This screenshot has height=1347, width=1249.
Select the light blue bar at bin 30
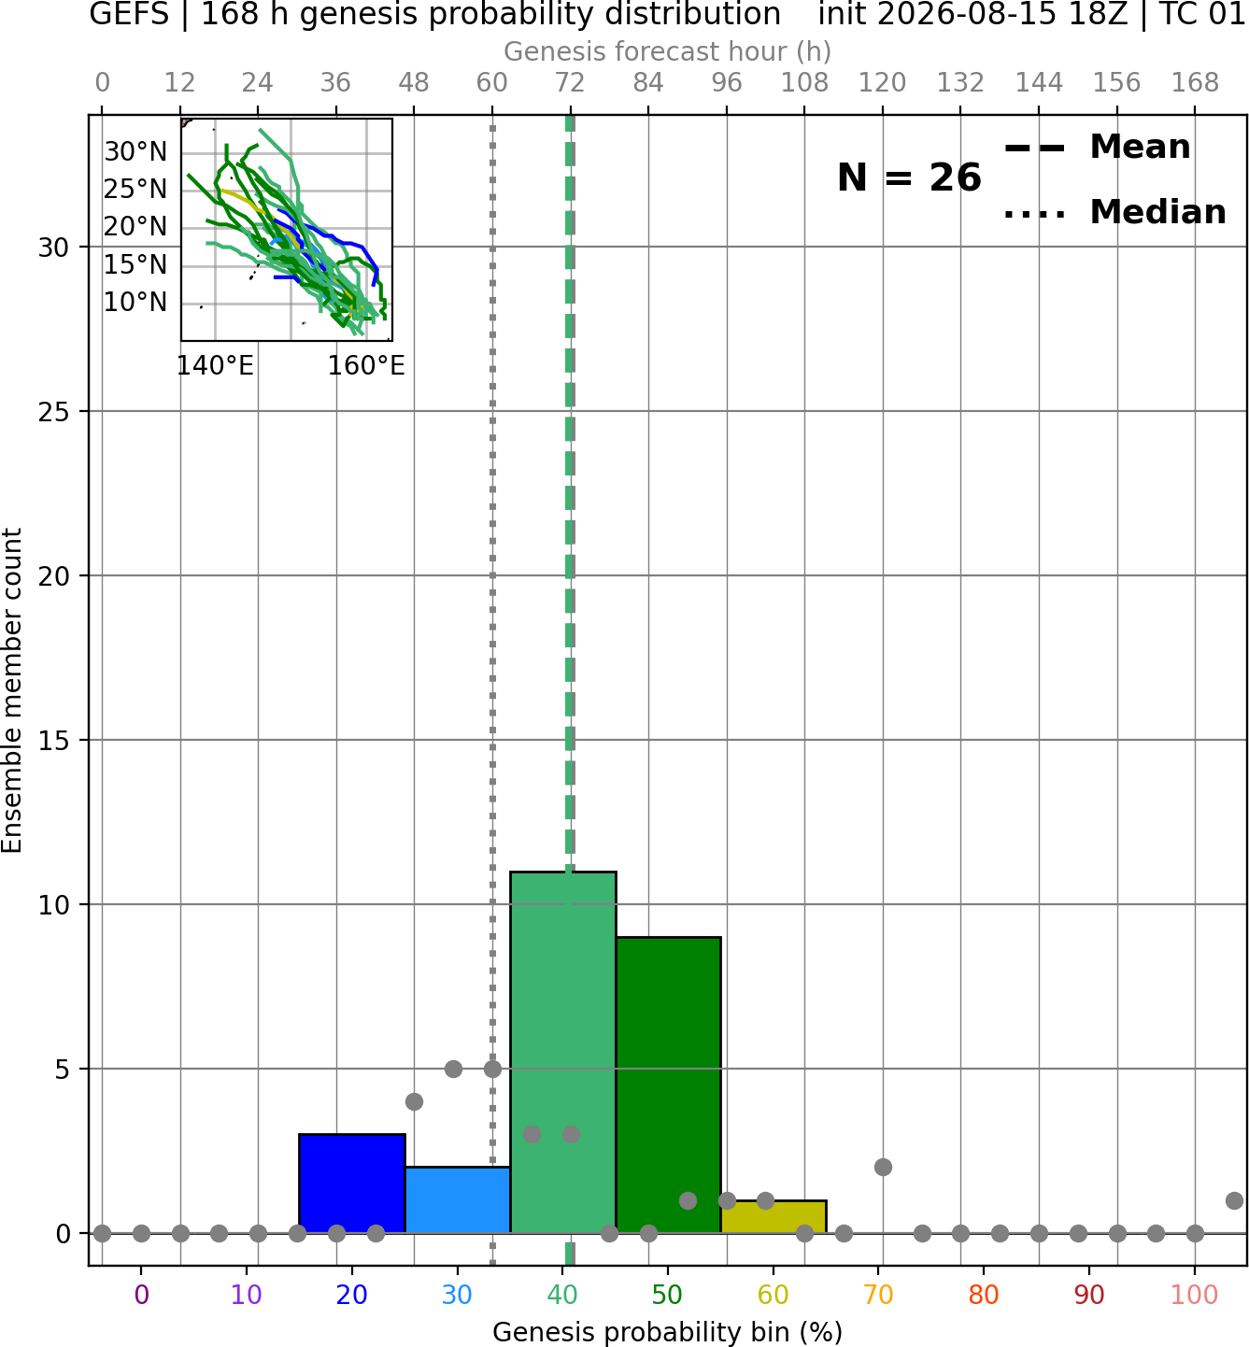tap(457, 1199)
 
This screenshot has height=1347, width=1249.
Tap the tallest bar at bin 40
tap(563, 1052)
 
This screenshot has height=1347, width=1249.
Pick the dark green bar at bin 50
tap(668, 1085)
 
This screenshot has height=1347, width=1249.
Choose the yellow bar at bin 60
tap(774, 1216)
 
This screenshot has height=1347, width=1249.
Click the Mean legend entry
tap(1097, 148)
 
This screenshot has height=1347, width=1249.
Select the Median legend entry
tap(1114, 212)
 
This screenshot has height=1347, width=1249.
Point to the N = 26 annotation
tap(909, 177)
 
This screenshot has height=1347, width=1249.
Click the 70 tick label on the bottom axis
tap(878, 1295)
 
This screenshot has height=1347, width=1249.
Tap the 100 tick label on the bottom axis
tap(1195, 1295)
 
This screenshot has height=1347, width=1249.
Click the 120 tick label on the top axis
tap(882, 83)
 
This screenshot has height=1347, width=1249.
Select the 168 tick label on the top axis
tap(1195, 83)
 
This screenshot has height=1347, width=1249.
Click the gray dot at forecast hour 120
tap(883, 1167)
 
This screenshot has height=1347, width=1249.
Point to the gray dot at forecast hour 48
tap(414, 1101)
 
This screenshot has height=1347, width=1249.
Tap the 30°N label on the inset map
tap(135, 152)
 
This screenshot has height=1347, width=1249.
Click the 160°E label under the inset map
tap(366, 366)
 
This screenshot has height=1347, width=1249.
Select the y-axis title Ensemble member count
tap(12, 690)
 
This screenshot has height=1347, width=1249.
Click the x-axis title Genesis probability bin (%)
tap(668, 1332)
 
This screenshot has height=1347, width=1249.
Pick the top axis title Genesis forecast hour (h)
tap(668, 51)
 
